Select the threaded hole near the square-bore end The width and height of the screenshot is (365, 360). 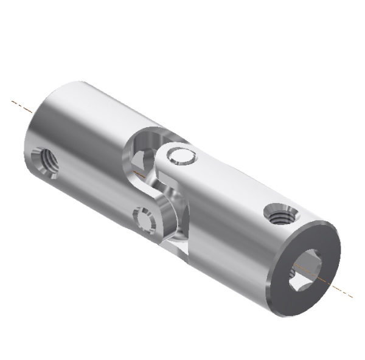(x=280, y=215)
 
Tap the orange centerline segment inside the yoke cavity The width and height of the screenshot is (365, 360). (x=141, y=173)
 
